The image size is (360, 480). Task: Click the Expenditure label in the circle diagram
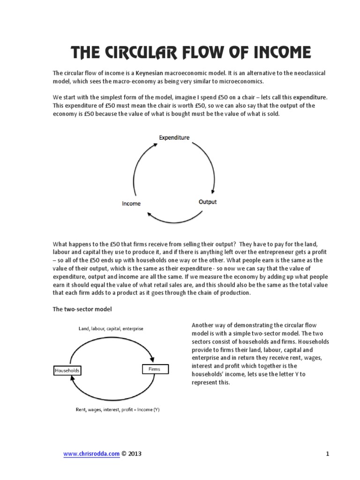point(174,137)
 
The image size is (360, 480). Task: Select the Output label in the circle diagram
point(208,202)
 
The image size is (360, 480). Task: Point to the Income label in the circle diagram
point(131,203)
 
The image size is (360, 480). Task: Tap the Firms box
point(155,369)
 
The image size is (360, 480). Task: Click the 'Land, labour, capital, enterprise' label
point(111,329)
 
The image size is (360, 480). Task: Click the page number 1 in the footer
point(328,454)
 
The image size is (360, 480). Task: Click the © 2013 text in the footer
point(131,454)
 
